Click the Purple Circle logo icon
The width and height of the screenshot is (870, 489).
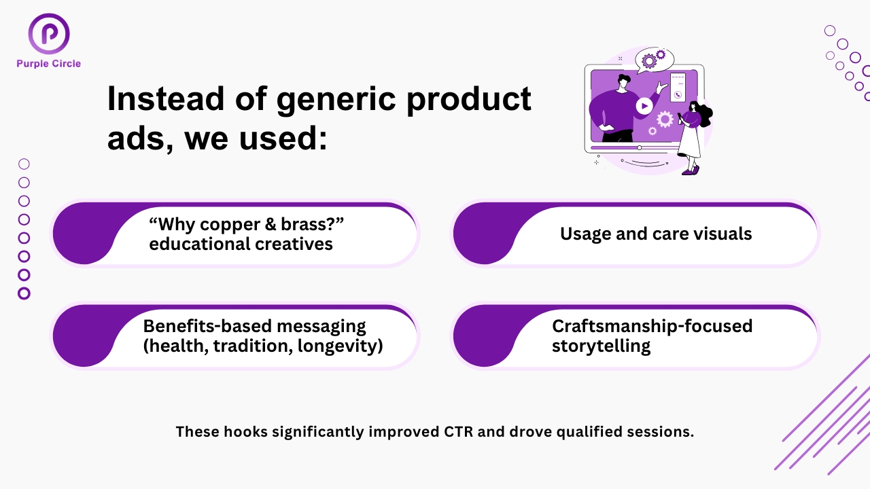coord(49,34)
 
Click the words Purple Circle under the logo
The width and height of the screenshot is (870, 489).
coord(48,64)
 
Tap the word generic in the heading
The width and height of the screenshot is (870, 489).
coord(336,100)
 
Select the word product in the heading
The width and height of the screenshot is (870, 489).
coord(469,100)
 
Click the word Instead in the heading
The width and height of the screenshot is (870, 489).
coord(166,98)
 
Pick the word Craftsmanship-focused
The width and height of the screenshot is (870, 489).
coord(652,326)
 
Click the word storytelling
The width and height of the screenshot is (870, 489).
coord(602,346)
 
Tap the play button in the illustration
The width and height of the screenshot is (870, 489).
coord(644,106)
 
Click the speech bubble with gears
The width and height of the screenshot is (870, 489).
coord(655,60)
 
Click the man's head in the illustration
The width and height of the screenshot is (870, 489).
coord(623,82)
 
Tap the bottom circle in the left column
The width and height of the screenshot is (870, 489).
coord(24,293)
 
